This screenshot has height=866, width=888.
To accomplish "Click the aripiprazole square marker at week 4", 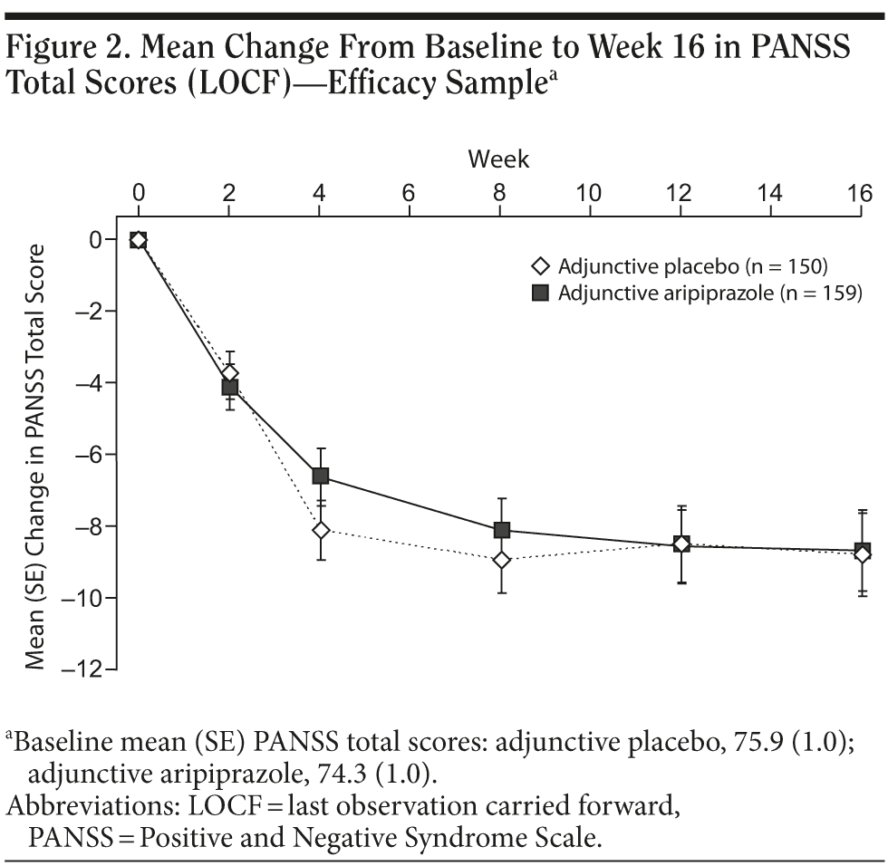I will coord(320,476).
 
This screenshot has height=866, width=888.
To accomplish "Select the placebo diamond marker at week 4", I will coord(320,530).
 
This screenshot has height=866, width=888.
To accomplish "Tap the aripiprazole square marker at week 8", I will coord(501,530).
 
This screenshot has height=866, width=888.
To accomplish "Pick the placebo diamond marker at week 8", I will coord(501,560).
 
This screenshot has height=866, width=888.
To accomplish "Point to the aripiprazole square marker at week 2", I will coord(229,388).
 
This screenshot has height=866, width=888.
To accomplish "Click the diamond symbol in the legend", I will coord(540,266).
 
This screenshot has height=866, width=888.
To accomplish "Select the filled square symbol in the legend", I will coord(540,293).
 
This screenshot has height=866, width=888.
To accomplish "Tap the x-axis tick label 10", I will coord(590,193).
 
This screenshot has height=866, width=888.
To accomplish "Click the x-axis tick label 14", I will coord(770,193).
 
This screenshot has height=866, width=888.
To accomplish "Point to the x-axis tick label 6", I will coord(410,193).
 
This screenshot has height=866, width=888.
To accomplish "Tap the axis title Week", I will coord(498,160).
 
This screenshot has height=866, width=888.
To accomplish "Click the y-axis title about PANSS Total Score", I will coord(36,457).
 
